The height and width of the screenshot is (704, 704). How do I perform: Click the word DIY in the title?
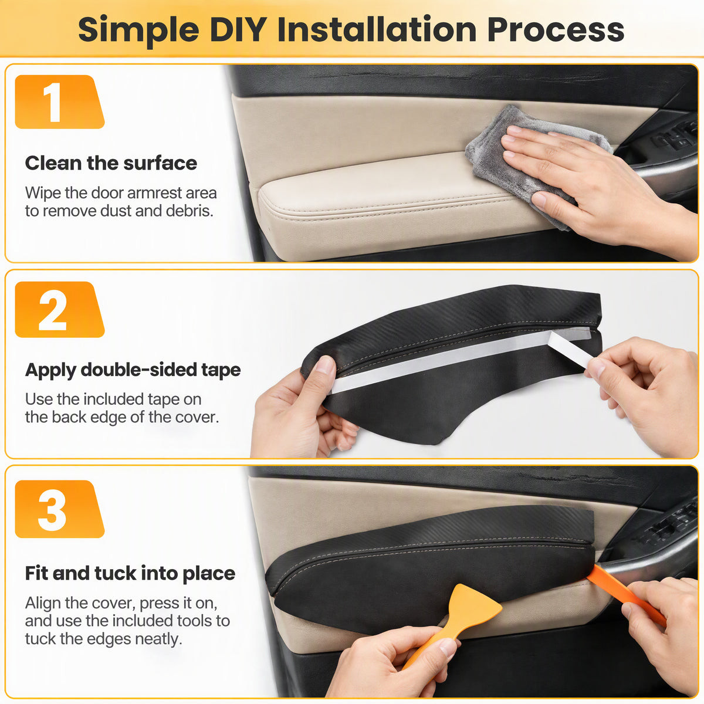(x=238, y=29)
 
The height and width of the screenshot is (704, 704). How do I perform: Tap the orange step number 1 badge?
(x=59, y=102)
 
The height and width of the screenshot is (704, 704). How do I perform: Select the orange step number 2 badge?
(x=59, y=309)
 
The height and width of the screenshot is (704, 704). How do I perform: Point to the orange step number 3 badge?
(x=59, y=509)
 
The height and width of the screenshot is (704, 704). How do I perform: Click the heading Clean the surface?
(x=111, y=163)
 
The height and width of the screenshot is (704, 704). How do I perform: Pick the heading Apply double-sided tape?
(x=133, y=370)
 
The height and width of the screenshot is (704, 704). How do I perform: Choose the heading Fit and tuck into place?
(x=130, y=573)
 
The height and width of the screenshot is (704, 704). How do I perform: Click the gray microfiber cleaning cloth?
(x=519, y=161)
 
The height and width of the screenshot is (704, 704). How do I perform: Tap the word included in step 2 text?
(x=114, y=400)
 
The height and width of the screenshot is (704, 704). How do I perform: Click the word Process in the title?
(x=556, y=29)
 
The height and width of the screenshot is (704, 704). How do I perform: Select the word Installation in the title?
(x=377, y=29)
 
